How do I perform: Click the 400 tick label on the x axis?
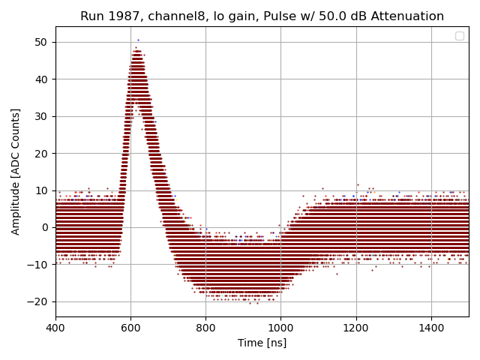55,328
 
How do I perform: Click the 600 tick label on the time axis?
130,328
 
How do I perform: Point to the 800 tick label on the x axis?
205,328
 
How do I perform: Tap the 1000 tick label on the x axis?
280,328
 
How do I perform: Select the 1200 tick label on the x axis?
355,328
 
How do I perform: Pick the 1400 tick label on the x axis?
430,328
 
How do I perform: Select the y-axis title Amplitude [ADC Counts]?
16,172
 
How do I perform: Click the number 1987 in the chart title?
124,16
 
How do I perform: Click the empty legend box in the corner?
460,36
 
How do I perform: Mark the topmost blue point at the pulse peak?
138,40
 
